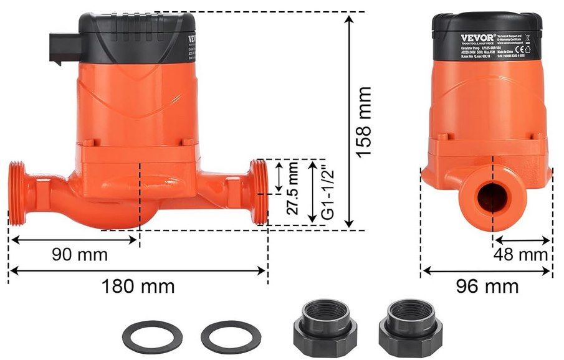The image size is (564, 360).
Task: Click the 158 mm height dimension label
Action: (365, 121)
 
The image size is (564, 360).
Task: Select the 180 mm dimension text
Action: (138, 287)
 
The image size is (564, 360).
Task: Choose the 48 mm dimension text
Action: (520, 254)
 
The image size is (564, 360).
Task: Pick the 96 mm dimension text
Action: (487, 287)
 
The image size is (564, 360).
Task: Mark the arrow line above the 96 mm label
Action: (487, 270)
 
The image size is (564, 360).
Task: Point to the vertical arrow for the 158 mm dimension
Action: (350, 121)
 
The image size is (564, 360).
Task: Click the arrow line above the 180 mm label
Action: (138, 270)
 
